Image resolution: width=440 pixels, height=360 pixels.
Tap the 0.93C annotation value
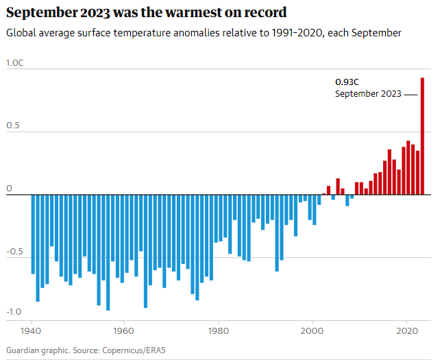tap(347, 82)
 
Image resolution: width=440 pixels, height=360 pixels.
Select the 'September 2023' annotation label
tap(368, 94)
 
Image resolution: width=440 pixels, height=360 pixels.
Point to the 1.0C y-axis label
tap(15, 63)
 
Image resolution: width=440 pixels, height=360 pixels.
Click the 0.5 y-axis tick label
tap(12, 126)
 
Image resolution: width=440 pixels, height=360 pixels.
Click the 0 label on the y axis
tap(9, 189)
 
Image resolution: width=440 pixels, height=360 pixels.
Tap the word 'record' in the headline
tap(263, 12)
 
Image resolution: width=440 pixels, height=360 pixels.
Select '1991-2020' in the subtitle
tap(300, 33)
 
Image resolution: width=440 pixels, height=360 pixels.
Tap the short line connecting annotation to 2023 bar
tap(411, 94)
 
